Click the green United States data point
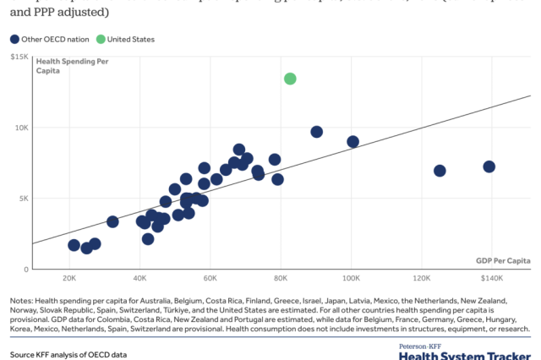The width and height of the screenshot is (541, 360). click(290, 79)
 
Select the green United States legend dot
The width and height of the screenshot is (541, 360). click(101, 39)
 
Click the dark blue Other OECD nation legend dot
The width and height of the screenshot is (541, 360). click(15, 39)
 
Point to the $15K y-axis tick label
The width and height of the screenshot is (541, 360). click(20, 57)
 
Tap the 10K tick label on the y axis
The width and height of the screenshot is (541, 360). click(22, 128)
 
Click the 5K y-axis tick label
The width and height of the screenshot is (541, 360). click(24, 199)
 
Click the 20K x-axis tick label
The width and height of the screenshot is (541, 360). click(69, 279)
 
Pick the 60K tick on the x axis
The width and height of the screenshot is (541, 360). click(210, 279)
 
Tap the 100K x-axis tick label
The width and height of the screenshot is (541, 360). click(352, 279)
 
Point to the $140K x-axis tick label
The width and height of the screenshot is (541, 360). click(492, 279)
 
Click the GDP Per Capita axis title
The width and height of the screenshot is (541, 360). click(502, 261)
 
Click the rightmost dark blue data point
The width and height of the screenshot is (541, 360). click(489, 166)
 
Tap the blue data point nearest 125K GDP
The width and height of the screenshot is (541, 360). click(440, 171)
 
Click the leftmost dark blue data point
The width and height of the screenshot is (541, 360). click(74, 245)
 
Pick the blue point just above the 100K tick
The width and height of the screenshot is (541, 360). click(352, 142)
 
